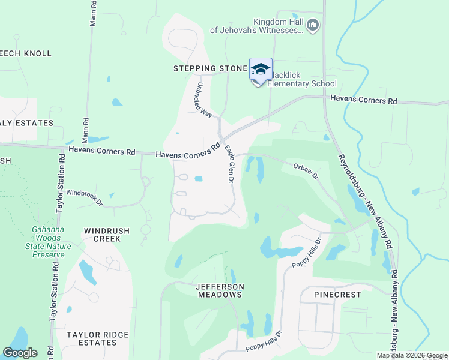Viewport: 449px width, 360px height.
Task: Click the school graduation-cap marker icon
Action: click(260, 70)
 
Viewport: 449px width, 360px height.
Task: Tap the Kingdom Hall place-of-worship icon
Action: click(312, 25)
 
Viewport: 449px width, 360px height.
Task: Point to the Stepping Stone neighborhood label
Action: click(210, 68)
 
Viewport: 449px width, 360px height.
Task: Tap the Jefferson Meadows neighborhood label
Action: click(219, 290)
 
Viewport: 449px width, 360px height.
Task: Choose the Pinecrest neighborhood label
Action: click(337, 295)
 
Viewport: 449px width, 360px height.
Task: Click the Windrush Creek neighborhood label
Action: click(102, 234)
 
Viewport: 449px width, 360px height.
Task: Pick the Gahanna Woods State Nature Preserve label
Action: click(48, 242)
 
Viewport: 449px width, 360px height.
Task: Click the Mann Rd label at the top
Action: click(93, 11)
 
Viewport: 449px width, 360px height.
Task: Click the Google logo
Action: click(20, 353)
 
